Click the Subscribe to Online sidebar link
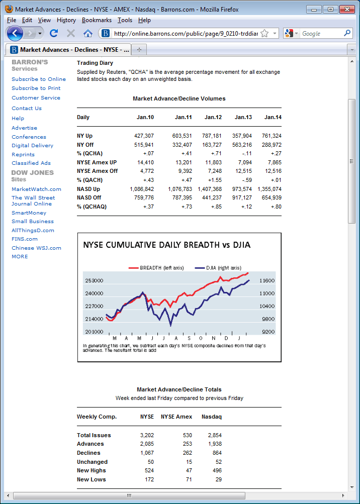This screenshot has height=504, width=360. tap(39, 79)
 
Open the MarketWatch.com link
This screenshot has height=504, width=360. tap(36, 189)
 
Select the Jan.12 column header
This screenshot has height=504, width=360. tap(213, 117)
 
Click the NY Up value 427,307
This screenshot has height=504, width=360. tap(144, 136)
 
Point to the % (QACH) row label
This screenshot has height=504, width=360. tap(89, 180)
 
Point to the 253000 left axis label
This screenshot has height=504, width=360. tap(94, 280)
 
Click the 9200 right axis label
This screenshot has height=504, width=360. tap(268, 332)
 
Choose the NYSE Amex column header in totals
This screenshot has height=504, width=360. tap(176, 417)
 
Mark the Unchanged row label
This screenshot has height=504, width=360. tap(92, 462)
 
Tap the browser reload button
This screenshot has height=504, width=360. tap(54, 33)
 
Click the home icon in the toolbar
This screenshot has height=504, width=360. tap(87, 33)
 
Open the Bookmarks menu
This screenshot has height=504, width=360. tap(97, 20)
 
